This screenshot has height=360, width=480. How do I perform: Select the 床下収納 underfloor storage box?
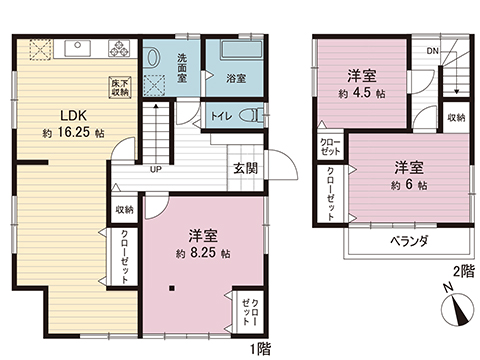(121, 86)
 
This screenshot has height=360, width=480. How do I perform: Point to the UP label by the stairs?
(155, 169)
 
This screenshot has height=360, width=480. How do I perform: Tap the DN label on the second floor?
(431, 49)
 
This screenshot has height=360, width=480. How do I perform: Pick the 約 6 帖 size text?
(409, 185)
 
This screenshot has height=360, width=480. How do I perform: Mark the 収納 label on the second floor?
(456, 117)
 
